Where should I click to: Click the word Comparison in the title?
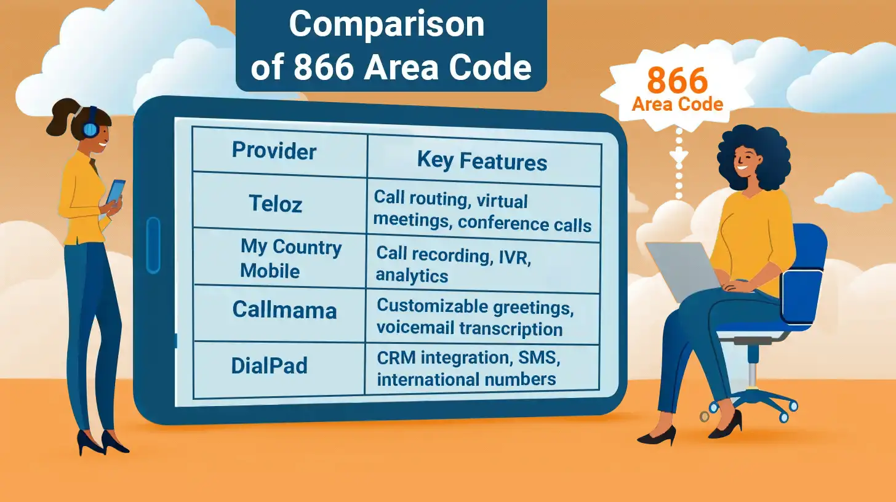386,25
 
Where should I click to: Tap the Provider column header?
274,150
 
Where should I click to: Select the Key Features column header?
482,161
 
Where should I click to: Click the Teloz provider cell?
275,203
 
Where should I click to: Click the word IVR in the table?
515,257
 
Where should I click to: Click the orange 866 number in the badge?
677,81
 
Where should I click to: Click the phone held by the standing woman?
116,191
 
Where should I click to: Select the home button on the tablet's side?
153,245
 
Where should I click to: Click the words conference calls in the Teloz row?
524,225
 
